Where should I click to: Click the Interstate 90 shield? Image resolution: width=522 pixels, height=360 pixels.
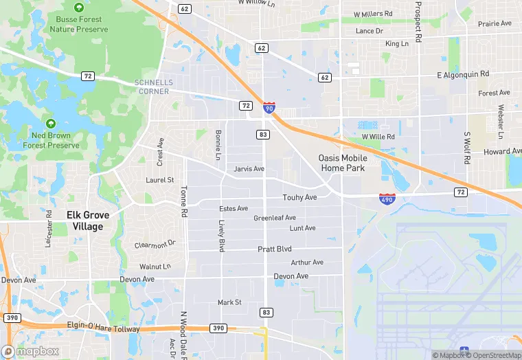pos(269,107)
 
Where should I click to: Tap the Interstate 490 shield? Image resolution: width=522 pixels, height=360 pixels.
pos(387,199)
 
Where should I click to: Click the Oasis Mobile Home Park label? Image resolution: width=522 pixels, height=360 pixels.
pos(343,163)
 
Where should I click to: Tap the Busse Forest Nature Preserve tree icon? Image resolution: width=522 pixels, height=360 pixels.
pos(78,7)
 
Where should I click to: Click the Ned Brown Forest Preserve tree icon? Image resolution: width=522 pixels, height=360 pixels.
pos(50,124)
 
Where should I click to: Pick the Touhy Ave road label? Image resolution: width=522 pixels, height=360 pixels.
pos(299,198)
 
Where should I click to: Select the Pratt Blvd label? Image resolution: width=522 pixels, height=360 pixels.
pos(275,249)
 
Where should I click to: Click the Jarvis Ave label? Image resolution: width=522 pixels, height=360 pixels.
pos(249,168)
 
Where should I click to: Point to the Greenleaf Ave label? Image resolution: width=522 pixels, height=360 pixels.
pos(275,218)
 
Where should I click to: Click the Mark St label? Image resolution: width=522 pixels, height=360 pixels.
pos(229,302)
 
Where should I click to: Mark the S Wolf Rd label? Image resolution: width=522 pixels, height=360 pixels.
pos(466,148)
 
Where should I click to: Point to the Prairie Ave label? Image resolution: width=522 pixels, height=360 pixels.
pos(495,23)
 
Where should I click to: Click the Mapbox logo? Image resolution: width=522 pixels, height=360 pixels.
pos(31,351)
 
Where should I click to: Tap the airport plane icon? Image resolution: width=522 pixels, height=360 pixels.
pos(465,351)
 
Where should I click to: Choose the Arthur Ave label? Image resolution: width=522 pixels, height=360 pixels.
pos(307,262)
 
